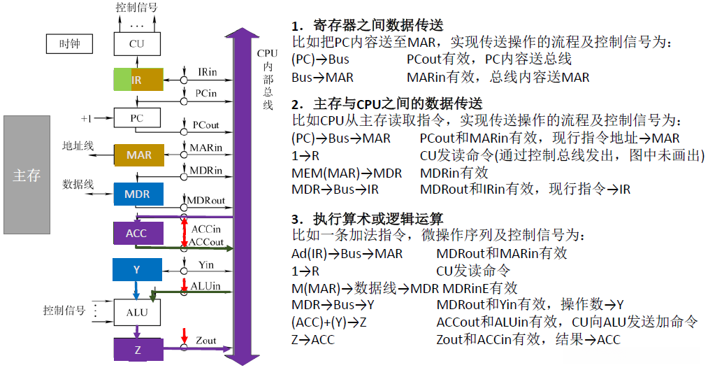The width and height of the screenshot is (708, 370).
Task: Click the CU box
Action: pos(137,44)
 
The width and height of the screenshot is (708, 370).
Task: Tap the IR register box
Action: pos(138,80)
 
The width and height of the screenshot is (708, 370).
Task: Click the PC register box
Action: pos(137,118)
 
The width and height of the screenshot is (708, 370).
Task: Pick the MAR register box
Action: pos(138,155)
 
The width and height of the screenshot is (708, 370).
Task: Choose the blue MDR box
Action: pos(138,193)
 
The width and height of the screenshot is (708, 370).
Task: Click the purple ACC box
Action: pos(137,234)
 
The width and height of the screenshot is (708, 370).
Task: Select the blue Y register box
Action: pos(137,269)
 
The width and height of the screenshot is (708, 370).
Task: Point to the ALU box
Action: pos(137,311)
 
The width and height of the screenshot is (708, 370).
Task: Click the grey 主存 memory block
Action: pos(27,175)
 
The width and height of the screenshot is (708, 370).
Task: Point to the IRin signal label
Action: pos(207,72)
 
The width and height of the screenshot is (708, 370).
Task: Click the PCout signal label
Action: pos(206,125)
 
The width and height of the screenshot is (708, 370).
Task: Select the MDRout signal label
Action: pos(205,201)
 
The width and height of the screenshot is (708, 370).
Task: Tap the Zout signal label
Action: pos(205,341)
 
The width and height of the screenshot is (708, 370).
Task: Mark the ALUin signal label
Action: pos(205,286)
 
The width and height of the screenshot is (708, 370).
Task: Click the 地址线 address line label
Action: pos(77,146)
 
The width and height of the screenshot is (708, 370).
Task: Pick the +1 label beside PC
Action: pos(87,118)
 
